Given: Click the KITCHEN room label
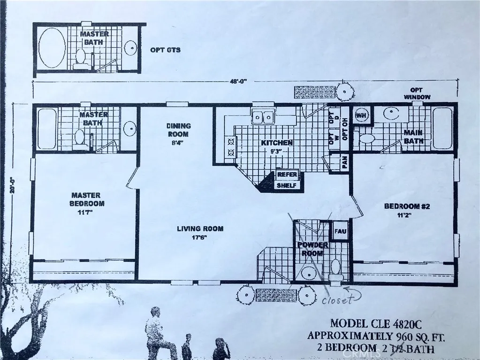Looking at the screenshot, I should pos(278,143).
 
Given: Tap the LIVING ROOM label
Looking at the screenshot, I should pos(200,229).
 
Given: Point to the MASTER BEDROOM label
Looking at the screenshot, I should pos(88,199).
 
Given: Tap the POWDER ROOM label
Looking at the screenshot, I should pos(313,249).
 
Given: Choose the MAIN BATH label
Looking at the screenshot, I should pos(413,137).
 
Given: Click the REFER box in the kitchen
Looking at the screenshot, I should pos(286,174).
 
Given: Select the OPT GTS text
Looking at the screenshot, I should pos(165,50).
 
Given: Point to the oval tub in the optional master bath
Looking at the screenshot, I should pos(52,49).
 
